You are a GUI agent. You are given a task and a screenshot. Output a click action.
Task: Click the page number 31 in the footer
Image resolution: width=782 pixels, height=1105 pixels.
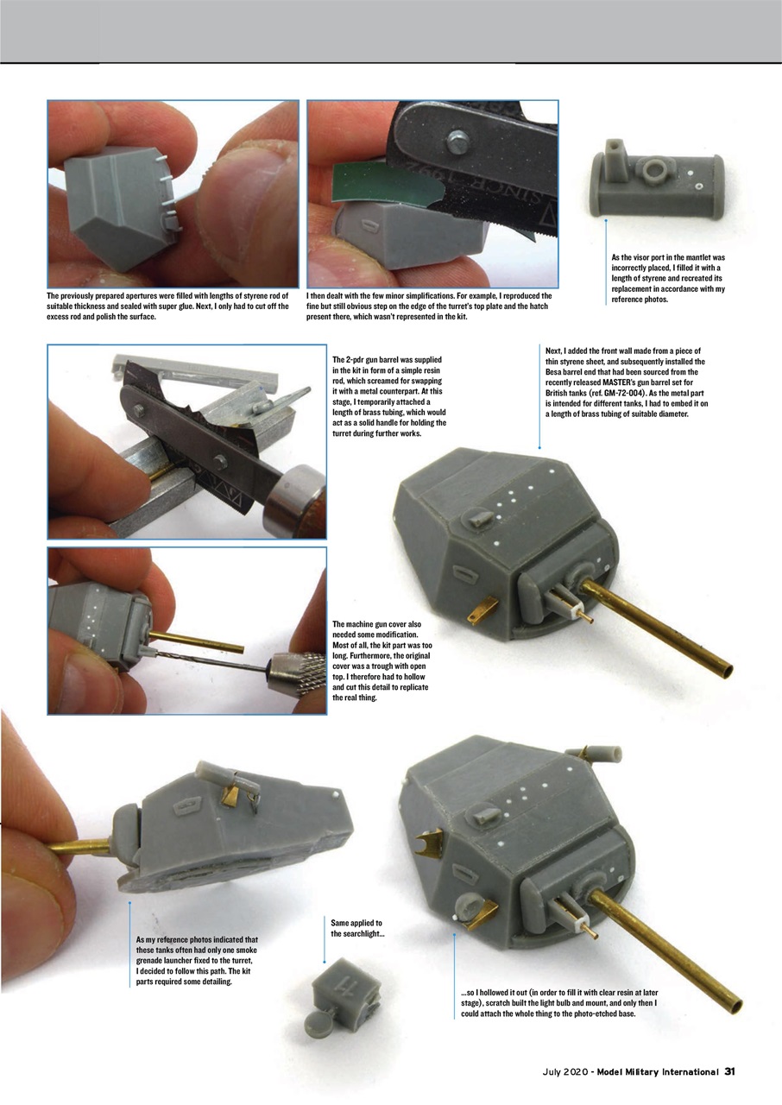[729, 1071]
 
